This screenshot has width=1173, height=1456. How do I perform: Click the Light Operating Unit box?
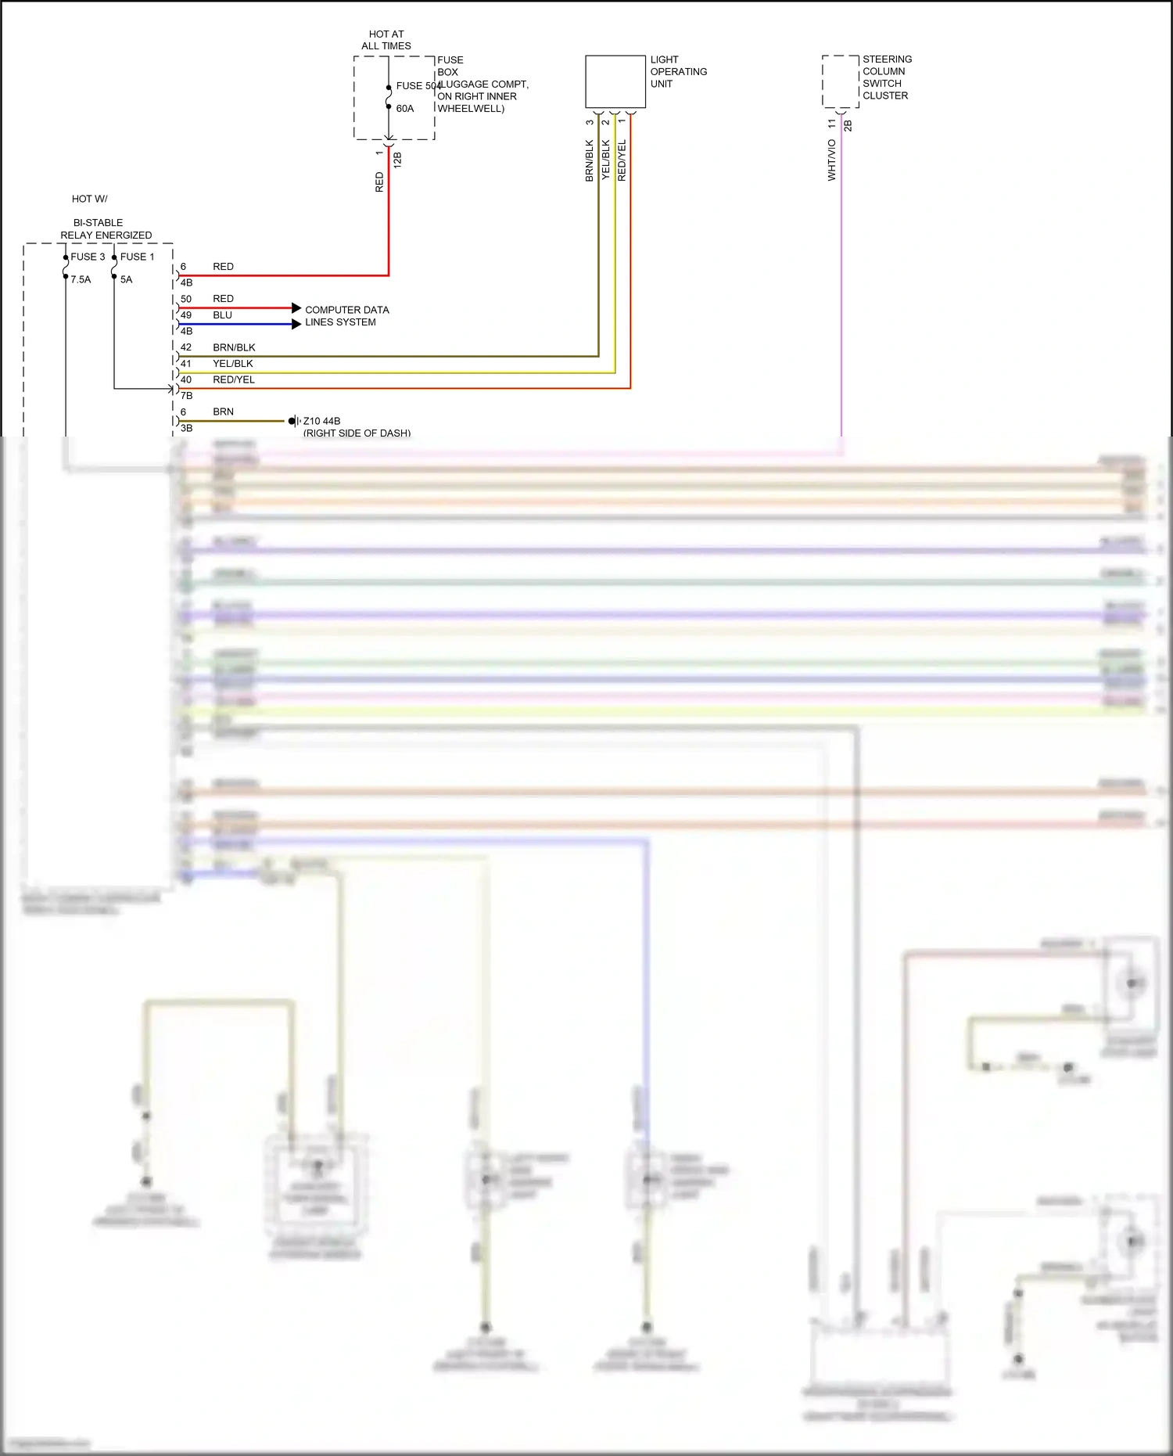pyautogui.click(x=615, y=81)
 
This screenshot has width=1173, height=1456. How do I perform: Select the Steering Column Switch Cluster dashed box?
pyautogui.click(x=841, y=81)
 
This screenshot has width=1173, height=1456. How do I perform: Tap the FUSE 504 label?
pyautogui.click(x=418, y=86)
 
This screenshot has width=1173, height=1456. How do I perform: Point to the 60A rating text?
pyautogui.click(x=405, y=109)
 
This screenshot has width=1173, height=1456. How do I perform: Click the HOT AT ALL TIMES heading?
pyautogui.click(x=386, y=40)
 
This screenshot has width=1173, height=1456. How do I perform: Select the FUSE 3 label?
pyautogui.click(x=88, y=257)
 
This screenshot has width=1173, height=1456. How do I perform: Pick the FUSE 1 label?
pyautogui.click(x=138, y=257)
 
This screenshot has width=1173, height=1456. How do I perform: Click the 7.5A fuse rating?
pyautogui.click(x=81, y=279)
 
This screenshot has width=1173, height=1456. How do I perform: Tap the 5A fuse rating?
pyautogui.click(x=127, y=279)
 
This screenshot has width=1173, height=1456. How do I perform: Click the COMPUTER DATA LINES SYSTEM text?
pyautogui.click(x=346, y=316)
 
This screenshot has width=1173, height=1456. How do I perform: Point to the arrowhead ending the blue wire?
pyautogui.click(x=296, y=324)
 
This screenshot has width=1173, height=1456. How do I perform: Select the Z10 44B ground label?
pyautogui.click(x=321, y=421)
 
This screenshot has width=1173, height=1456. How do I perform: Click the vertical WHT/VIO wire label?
pyautogui.click(x=831, y=160)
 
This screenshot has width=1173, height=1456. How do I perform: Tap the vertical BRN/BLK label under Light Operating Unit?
pyautogui.click(x=590, y=161)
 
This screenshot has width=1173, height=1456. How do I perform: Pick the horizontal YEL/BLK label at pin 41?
pyautogui.click(x=233, y=364)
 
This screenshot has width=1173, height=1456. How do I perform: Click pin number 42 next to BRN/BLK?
pyautogui.click(x=186, y=347)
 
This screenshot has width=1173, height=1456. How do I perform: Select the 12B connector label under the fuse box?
pyautogui.click(x=397, y=160)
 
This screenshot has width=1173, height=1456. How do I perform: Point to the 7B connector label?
pyautogui.click(x=187, y=396)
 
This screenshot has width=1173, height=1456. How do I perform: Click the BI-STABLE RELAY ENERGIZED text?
pyautogui.click(x=106, y=228)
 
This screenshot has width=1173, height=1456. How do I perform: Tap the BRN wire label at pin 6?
pyautogui.click(x=223, y=412)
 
